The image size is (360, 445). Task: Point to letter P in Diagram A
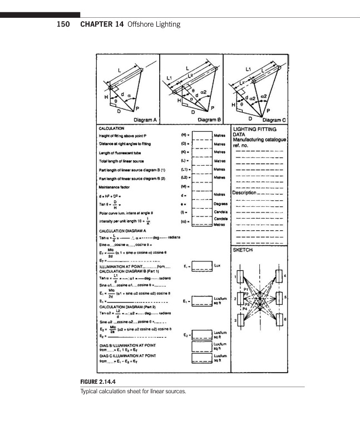click(136, 106)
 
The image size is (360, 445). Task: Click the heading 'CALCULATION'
click(113, 128)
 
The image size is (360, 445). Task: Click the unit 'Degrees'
click(222, 205)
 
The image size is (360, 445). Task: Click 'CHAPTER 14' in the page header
click(102, 24)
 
